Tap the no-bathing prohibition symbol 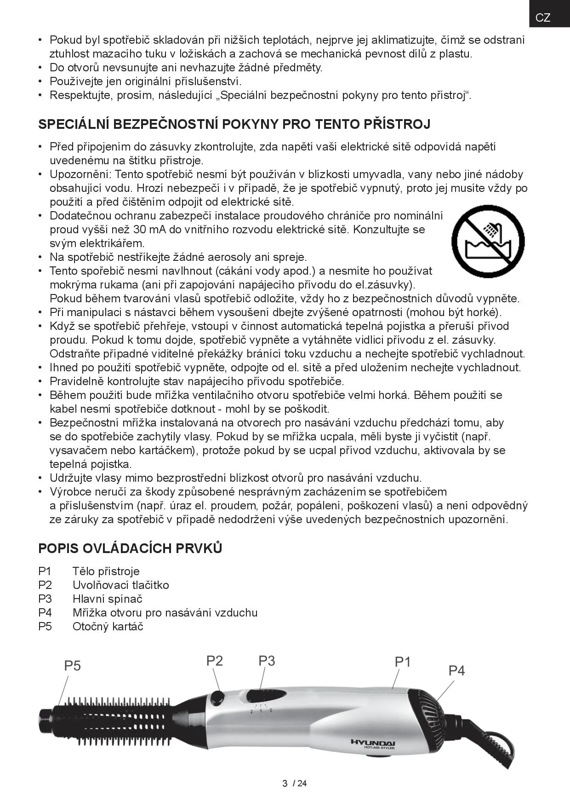tap(488, 241)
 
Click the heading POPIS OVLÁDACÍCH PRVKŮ tap(130, 548)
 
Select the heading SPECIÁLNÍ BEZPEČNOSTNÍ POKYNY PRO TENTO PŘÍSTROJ tap(234, 124)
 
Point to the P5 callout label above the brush tap(72, 666)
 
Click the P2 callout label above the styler tap(214, 661)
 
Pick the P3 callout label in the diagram tap(267, 661)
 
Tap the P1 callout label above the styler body tap(403, 662)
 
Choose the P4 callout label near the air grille tap(456, 671)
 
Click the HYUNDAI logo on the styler tap(373, 742)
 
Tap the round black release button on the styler tap(217, 697)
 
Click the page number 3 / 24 tap(294, 784)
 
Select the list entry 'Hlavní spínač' tap(107, 599)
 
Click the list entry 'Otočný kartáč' tap(108, 626)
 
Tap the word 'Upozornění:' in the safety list tap(80, 174)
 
